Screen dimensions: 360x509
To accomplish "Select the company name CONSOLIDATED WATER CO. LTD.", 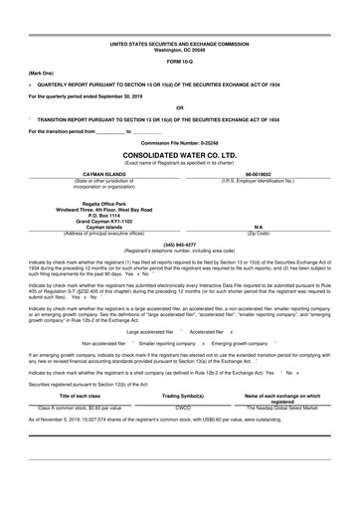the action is pyautogui.click(x=179, y=155).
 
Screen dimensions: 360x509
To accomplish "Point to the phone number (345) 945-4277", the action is pyautogui.click(x=179, y=244).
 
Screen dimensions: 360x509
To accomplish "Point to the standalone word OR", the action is pyautogui.click(x=179, y=107).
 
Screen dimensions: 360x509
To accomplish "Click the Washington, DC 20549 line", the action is pyautogui.click(x=179, y=51).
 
